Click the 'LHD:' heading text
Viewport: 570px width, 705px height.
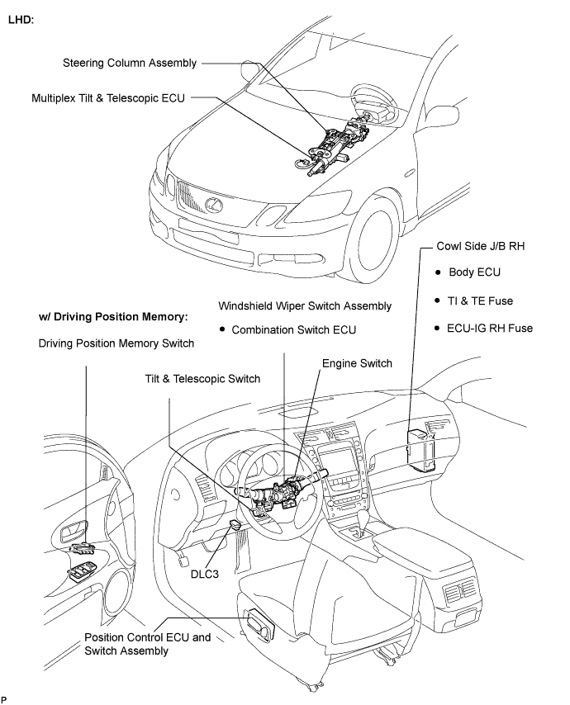click(21, 18)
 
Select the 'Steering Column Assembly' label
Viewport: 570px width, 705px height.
click(131, 63)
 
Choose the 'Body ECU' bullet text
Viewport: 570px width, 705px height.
click(474, 272)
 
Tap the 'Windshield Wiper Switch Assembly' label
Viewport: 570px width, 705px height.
click(305, 305)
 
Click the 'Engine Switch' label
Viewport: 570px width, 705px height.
click(357, 363)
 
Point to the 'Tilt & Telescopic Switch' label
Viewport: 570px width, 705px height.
click(200, 379)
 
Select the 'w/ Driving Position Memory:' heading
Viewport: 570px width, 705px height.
click(114, 316)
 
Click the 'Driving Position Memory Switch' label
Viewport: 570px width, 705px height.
click(116, 343)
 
